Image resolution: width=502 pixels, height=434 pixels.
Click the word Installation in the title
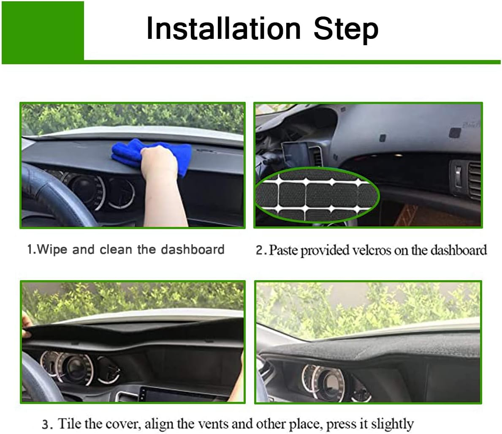(223, 29)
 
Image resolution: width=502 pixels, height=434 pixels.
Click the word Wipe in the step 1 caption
(52, 249)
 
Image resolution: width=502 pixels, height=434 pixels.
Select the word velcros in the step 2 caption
(369, 250)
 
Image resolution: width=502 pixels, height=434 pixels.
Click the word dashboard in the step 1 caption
(192, 249)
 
